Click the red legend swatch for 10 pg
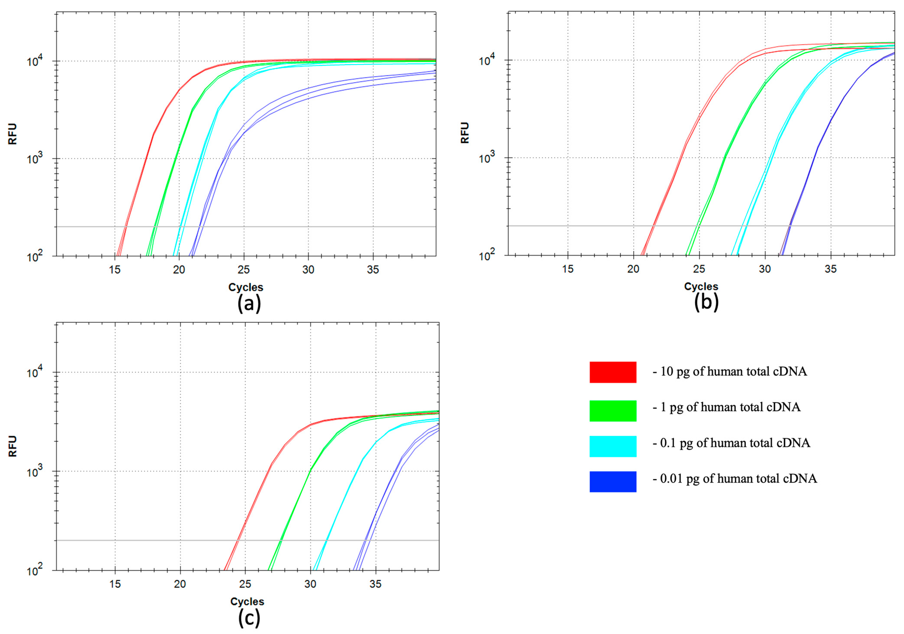point(613,372)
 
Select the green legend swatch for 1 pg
point(613,411)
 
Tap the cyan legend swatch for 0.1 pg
point(613,446)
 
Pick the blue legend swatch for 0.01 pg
point(613,482)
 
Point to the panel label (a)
point(249,304)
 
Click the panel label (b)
point(706,302)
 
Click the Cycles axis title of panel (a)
point(246,287)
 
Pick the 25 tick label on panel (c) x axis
point(245,584)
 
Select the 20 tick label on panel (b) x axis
point(633,269)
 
